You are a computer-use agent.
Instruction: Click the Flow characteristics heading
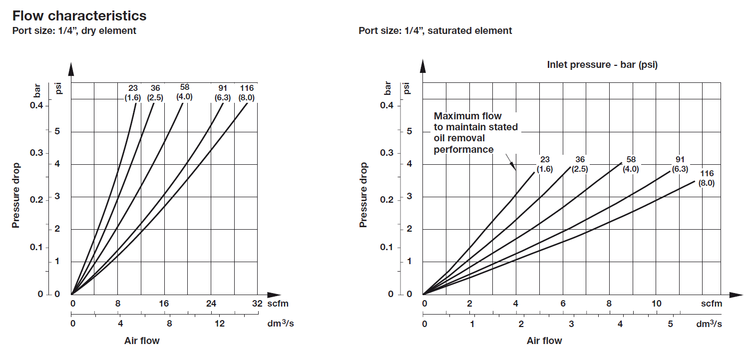pyautogui.click(x=79, y=15)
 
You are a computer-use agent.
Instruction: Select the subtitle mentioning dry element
pyautogui.click(x=74, y=31)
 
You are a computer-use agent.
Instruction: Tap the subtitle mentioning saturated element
pyautogui.click(x=435, y=31)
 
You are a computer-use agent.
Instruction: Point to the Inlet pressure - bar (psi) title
pyautogui.click(x=602, y=65)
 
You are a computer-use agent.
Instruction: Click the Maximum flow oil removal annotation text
pyautogui.click(x=475, y=132)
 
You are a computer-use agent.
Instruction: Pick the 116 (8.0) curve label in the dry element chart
pyautogui.click(x=247, y=93)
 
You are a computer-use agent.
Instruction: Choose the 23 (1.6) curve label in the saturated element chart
pyautogui.click(x=544, y=164)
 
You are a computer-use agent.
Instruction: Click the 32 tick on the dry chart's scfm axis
pyautogui.click(x=257, y=304)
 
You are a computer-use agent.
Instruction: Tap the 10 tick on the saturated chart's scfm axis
pyautogui.click(x=656, y=304)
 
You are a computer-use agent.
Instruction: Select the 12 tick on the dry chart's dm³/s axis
pyautogui.click(x=219, y=324)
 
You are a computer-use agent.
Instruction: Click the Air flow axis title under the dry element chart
pyautogui.click(x=142, y=341)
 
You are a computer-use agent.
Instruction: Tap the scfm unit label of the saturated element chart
pyautogui.click(x=711, y=304)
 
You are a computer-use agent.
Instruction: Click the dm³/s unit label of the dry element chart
pyautogui.click(x=280, y=323)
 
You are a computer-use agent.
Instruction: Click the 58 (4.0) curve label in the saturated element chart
pyautogui.click(x=631, y=164)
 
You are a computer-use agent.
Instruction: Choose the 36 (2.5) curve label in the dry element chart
pyautogui.click(x=155, y=93)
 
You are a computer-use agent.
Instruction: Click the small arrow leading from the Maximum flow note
pyautogui.click(x=512, y=163)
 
